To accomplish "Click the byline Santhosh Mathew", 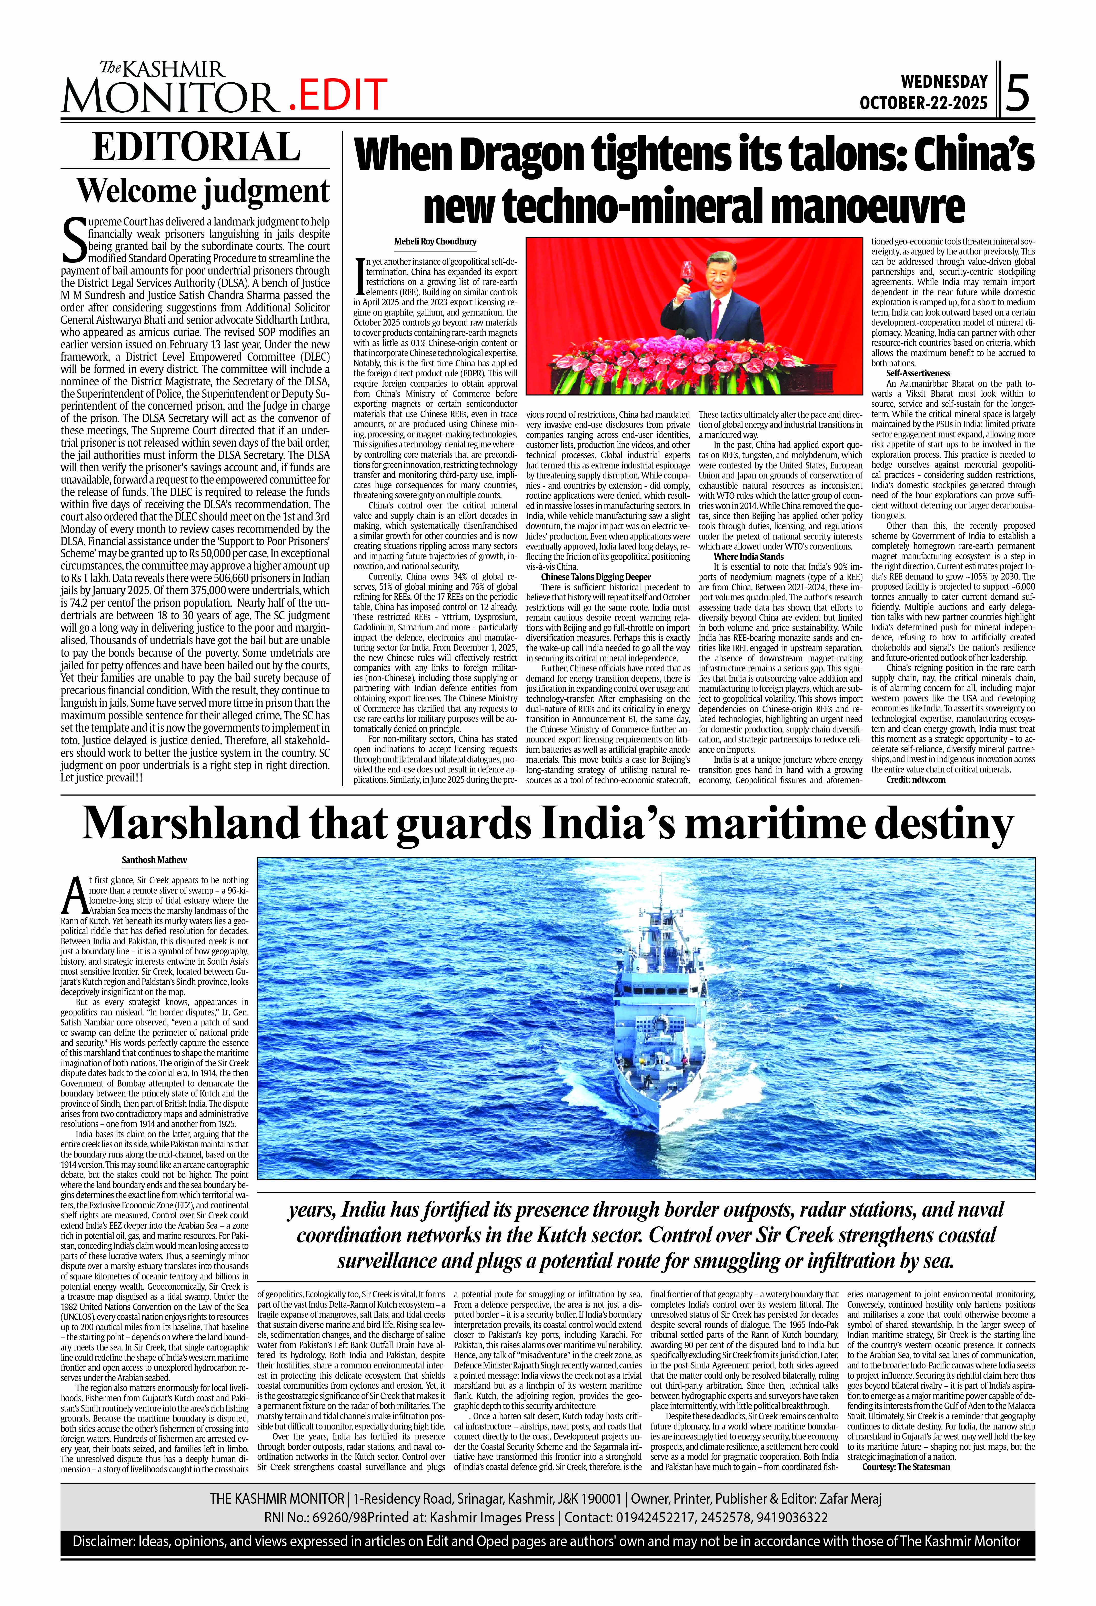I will (x=154, y=860).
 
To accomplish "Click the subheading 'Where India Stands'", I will (x=749, y=556).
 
